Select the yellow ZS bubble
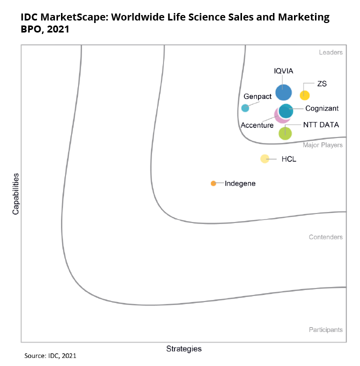[304, 95]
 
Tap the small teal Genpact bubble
[245, 108]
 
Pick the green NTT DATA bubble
[285, 133]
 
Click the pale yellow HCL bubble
[265, 159]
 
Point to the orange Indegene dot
[213, 183]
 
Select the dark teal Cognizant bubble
[286, 110]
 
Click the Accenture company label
[257, 125]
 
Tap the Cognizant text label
[321, 108]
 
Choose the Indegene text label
[240, 183]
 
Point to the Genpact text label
[257, 96]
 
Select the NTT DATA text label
[321, 124]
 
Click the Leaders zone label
[330, 52]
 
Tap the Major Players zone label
[322, 145]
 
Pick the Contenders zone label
[325, 237]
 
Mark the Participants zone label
[325, 329]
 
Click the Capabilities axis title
[15, 194]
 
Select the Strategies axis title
[183, 348]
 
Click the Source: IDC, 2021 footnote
[50, 356]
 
